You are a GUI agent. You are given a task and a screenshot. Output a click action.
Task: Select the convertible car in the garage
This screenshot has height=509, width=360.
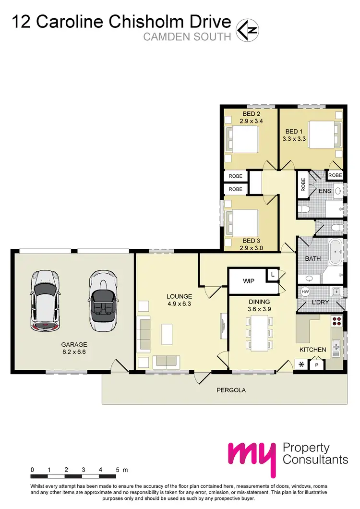click(102, 301)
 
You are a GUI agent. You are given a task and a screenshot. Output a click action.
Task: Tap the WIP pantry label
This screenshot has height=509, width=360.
click(248, 281)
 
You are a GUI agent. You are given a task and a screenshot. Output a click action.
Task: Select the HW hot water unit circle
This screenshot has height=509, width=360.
click(304, 291)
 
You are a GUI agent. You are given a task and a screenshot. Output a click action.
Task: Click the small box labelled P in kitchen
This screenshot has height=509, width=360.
click(317, 365)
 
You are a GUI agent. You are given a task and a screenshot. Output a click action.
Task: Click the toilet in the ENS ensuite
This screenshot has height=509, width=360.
click(303, 209)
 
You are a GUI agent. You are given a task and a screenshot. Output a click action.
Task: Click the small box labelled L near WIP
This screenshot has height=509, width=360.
click(273, 275)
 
